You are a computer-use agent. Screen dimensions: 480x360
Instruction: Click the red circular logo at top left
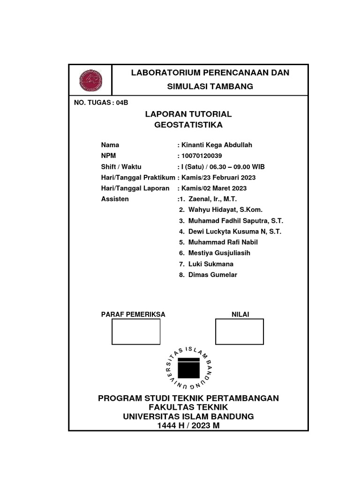91,80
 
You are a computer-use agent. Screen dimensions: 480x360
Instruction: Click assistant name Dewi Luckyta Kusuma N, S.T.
235,232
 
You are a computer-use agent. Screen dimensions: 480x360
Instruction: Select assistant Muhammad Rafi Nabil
223,242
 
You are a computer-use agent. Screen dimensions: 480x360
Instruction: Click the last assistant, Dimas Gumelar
212,275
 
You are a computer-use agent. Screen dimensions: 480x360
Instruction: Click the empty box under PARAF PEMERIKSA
136,331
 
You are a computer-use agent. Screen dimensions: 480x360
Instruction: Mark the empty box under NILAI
240,331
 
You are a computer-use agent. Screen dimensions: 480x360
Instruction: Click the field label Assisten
115,199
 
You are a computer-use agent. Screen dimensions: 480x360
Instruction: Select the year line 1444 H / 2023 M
188,426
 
